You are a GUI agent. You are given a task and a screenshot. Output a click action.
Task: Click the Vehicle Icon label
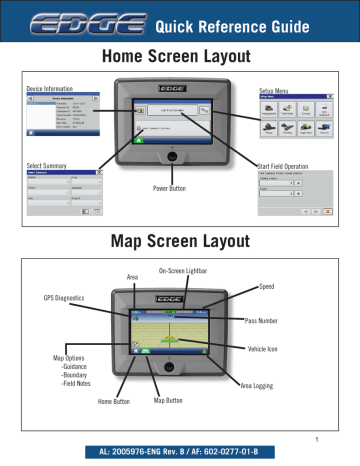click(268, 350)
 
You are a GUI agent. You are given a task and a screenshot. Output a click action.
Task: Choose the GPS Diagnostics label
click(62, 298)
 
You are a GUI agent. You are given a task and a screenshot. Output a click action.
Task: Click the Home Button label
click(116, 402)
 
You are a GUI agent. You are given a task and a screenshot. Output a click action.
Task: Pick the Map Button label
click(170, 402)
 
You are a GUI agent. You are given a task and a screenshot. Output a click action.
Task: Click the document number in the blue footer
click(179, 453)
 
